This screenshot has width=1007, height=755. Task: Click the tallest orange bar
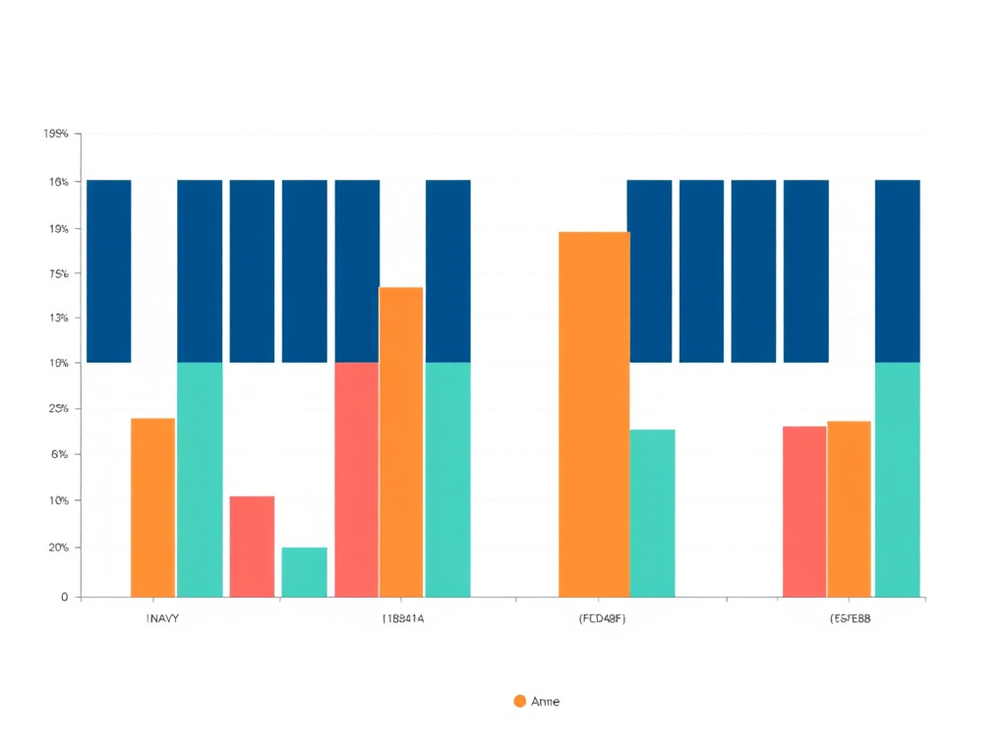coord(594,414)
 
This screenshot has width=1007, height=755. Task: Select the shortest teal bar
coord(304,572)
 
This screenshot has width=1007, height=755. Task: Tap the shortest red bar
coord(252,547)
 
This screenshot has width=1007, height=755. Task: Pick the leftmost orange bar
coord(153,507)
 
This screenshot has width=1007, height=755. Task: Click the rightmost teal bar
coord(897,480)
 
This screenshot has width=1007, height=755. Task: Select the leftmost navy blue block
coord(109,271)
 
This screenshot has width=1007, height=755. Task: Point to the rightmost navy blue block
coord(897,271)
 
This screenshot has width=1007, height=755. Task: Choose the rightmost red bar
coord(804,511)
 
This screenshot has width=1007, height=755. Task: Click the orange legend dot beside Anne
coord(520,701)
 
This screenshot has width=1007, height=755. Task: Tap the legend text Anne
coord(545,701)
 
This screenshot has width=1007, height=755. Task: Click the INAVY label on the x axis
coord(162,619)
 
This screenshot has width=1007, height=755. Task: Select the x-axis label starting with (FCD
coord(602,619)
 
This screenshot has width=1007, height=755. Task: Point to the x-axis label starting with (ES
coord(851,619)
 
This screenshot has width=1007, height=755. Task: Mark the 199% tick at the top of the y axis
coord(56,134)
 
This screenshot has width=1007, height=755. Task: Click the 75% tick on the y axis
coord(56,274)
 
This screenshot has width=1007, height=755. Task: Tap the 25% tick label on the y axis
coord(56,409)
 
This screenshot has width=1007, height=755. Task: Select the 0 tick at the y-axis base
coord(64,597)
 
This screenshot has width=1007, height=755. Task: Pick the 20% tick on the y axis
coord(56,548)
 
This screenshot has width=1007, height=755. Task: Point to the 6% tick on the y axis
coord(58,454)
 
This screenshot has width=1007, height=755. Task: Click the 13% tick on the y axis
coord(56,319)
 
